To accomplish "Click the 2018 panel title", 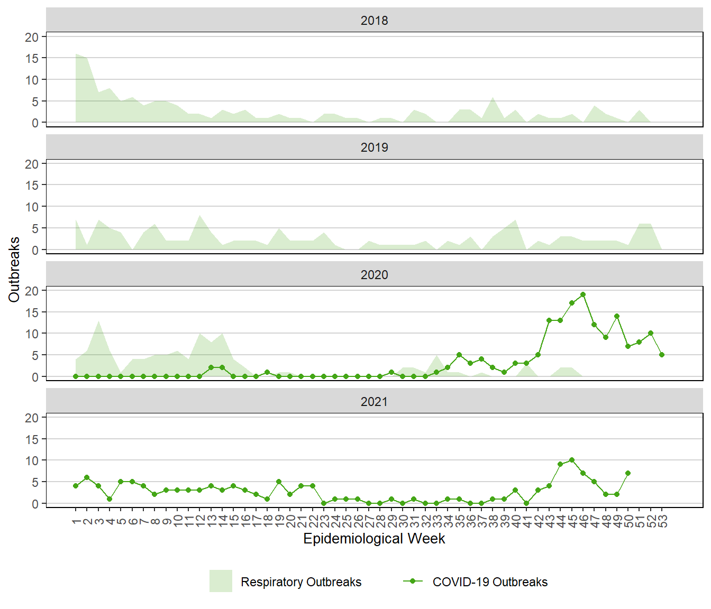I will tap(374, 21).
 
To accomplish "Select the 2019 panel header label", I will tap(374, 147).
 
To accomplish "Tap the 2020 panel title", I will tap(374, 275).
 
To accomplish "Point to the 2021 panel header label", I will tap(374, 402).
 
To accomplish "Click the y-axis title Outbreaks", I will tap(14, 270).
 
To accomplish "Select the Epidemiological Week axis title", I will tap(374, 539).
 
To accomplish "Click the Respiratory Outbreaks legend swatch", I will tap(221, 581).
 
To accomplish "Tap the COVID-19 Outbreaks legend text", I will tap(490, 582).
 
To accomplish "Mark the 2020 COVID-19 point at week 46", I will tap(583, 294).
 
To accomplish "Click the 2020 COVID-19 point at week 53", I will tap(662, 355).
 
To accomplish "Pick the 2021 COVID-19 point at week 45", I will tap(572, 460).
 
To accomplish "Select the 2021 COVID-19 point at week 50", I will tap(628, 473).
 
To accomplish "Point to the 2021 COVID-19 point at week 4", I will tap(110, 499).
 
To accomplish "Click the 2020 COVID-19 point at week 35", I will tap(459, 355).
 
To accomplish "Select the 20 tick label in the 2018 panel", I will tap(32, 37).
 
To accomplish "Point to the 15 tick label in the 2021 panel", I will tap(32, 439).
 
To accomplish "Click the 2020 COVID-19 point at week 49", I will tap(617, 316).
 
